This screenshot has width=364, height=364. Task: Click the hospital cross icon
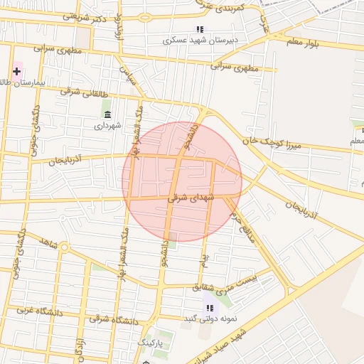[16, 71]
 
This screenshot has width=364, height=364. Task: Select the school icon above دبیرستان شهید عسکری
[200, 29]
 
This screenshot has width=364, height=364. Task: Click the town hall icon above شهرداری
[107, 114]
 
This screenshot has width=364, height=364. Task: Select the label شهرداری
[108, 125]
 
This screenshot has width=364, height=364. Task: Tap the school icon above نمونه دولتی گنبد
[209, 308]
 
